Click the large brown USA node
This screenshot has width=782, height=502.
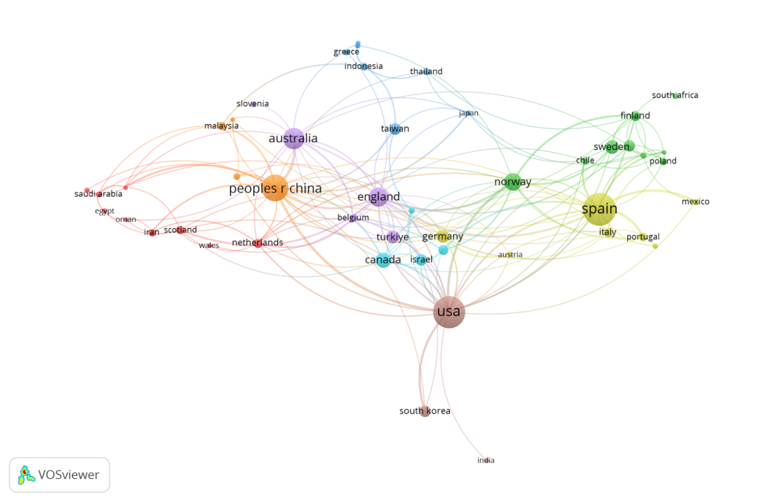click(449, 312)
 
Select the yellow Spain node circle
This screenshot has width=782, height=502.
click(599, 209)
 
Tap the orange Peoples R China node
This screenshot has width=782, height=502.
click(275, 188)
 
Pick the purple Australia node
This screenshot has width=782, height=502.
click(294, 139)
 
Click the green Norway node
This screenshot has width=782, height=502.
click(512, 182)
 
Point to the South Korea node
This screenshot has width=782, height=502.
click(425, 411)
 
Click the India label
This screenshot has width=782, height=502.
click(486, 460)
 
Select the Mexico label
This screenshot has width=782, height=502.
click(696, 201)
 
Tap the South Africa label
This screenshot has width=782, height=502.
click(675, 95)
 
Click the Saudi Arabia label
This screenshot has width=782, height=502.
click(98, 194)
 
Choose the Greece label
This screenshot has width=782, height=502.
click(346, 52)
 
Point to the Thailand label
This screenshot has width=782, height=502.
click(426, 71)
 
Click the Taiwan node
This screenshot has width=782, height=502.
click(395, 129)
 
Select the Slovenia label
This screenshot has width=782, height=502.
click(252, 104)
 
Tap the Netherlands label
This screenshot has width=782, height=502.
click(258, 243)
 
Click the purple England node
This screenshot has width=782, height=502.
click(378, 197)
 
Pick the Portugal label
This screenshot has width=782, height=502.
click(643, 237)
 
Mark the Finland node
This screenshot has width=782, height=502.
click(635, 115)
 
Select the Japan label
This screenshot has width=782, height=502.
click(469, 113)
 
